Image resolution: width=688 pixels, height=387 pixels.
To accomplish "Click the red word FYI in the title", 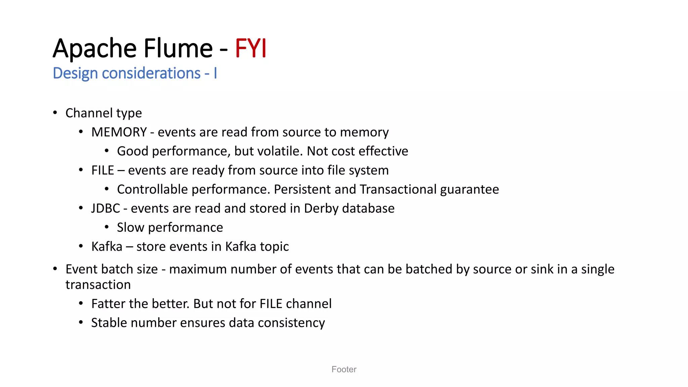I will (x=251, y=48).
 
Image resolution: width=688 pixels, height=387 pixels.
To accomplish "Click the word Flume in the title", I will (x=178, y=48).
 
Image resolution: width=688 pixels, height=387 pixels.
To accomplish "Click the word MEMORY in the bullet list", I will (x=119, y=132).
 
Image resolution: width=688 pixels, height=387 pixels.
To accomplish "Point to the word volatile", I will (x=277, y=151).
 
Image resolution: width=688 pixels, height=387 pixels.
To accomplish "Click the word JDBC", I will (x=105, y=209).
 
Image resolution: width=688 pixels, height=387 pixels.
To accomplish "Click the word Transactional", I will (x=398, y=189).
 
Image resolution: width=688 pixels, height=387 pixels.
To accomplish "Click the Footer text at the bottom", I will (x=344, y=370).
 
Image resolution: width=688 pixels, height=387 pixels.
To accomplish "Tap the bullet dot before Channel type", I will (x=55, y=113).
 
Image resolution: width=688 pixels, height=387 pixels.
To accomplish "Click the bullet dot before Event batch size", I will (x=55, y=269).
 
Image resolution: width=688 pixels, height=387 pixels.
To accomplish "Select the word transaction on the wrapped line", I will (x=98, y=285).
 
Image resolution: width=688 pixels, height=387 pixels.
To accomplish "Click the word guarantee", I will (x=469, y=189).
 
